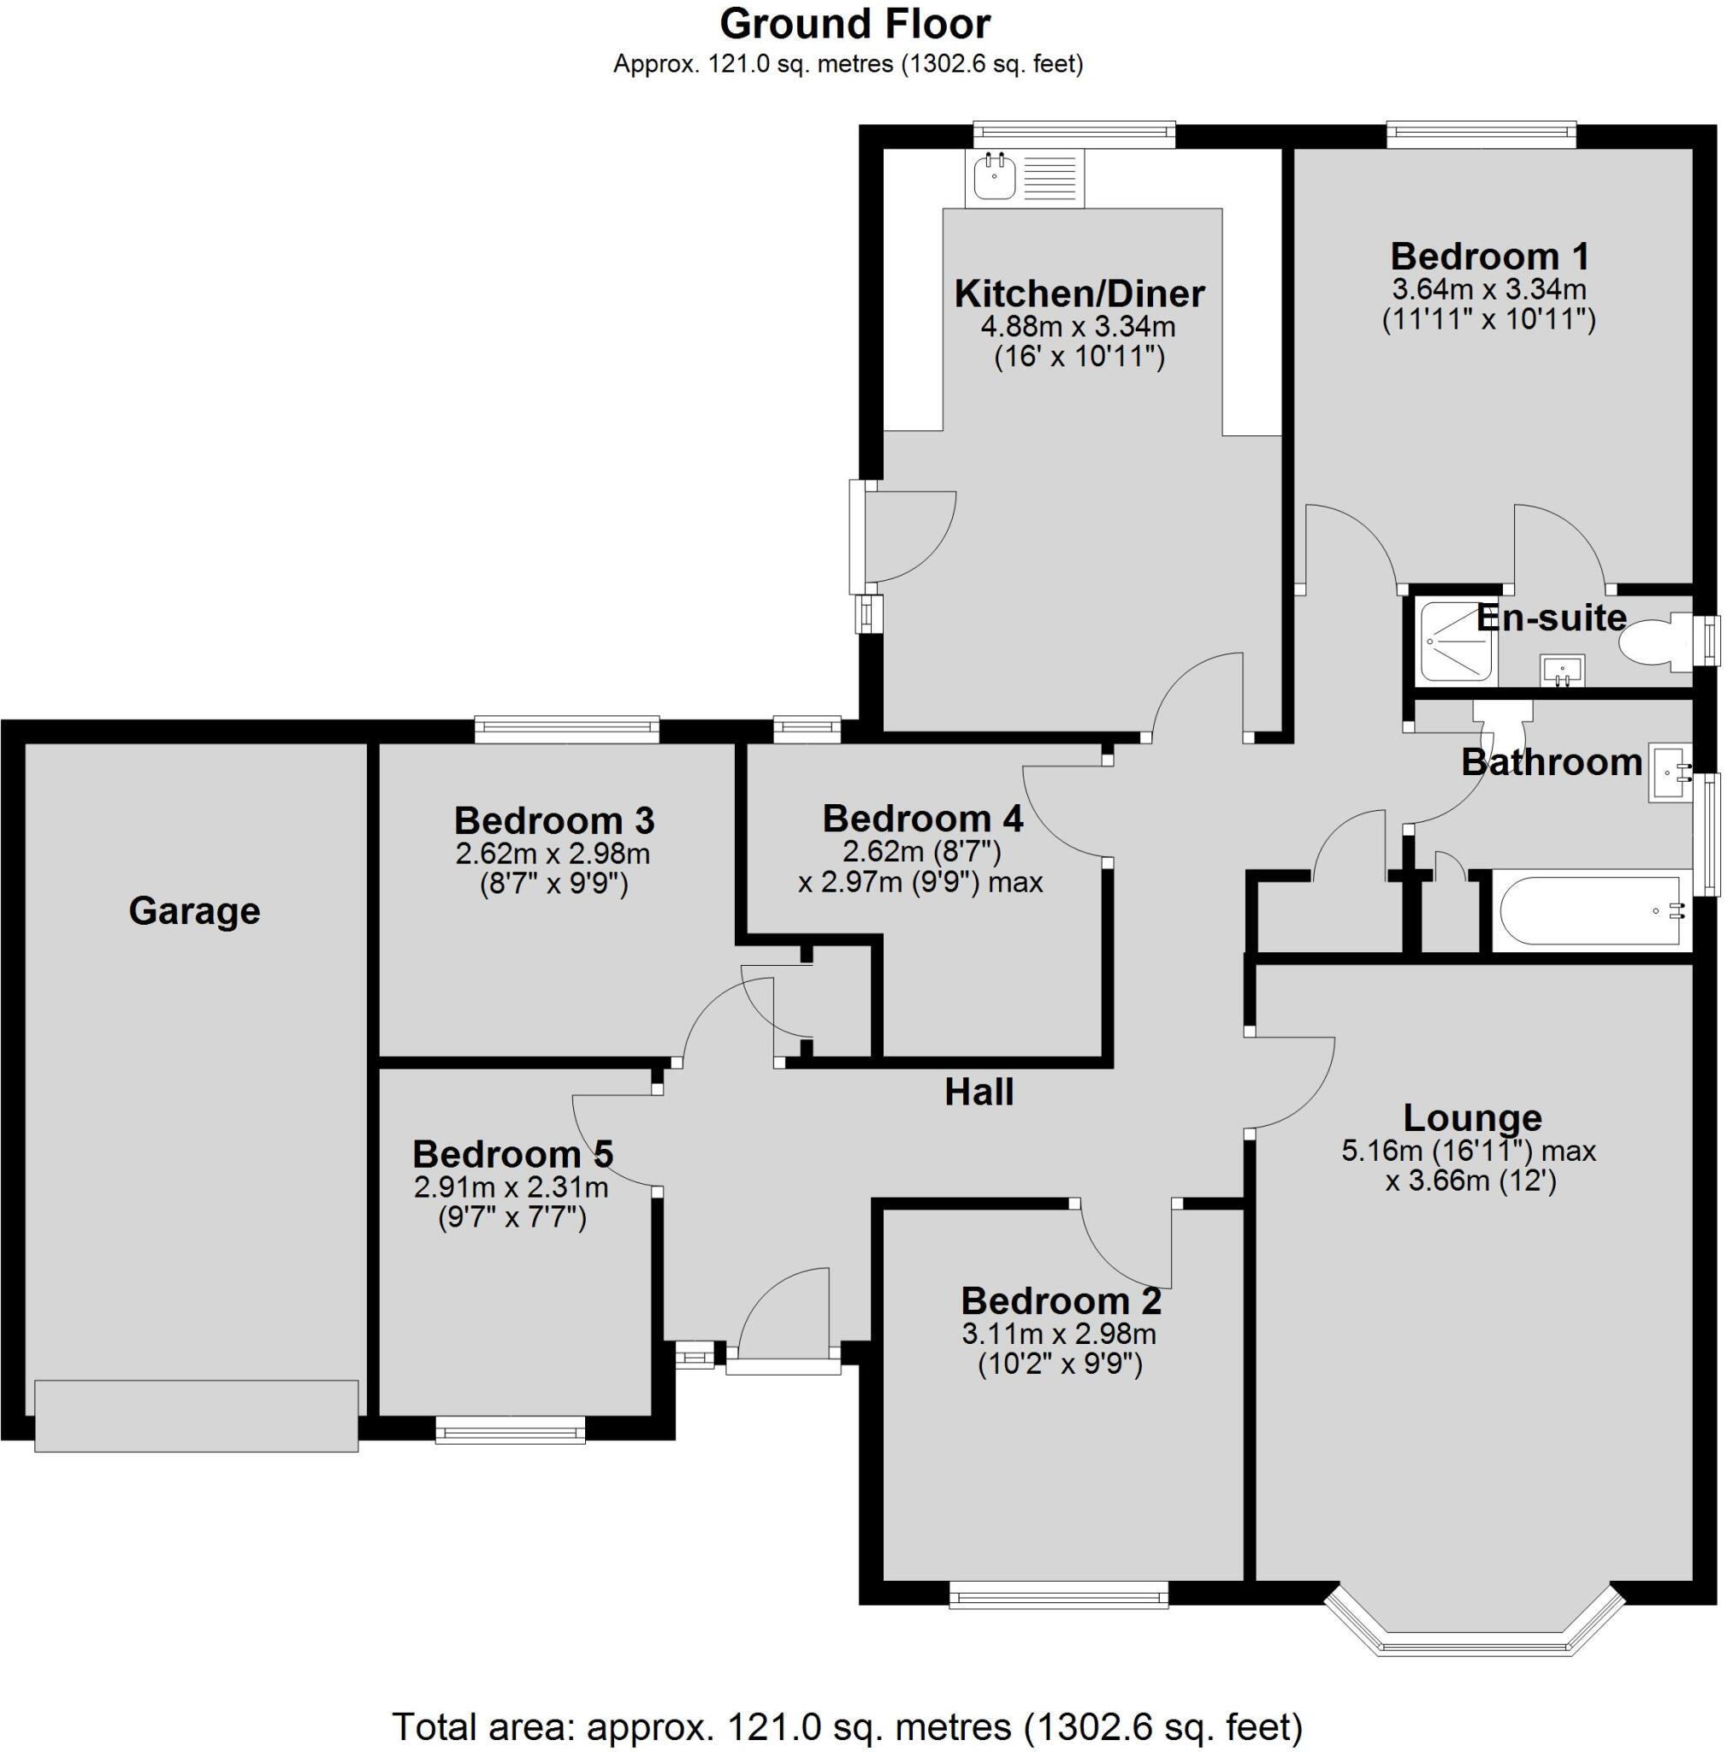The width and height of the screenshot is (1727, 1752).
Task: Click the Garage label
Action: pos(194,910)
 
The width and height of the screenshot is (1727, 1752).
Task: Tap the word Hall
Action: pos(979,1092)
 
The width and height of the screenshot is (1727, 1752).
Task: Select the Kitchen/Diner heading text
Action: pos(1079,293)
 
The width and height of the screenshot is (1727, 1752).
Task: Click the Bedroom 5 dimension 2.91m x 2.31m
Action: pos(512,1187)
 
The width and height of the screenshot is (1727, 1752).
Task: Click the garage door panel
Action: pos(196,1416)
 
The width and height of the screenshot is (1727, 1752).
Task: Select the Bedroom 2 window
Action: pos(1058,1595)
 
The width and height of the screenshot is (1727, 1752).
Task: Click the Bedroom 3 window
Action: pos(566,730)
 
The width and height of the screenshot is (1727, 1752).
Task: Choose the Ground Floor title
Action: pos(855,25)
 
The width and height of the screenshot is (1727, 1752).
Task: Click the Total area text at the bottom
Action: pos(847,1725)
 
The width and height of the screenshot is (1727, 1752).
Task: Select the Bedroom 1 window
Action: pos(1482,136)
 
